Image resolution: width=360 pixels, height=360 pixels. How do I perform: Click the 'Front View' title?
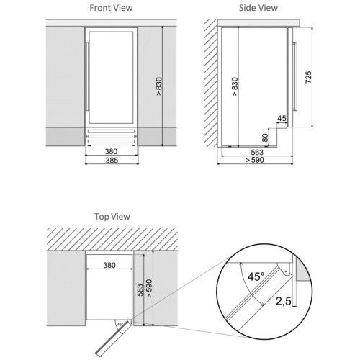coord(111,8)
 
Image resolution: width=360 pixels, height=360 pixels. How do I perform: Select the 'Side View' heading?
coord(258,8)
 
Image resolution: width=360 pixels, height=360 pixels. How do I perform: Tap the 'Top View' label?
coord(112,217)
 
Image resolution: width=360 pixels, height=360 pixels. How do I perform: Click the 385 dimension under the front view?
coord(112,160)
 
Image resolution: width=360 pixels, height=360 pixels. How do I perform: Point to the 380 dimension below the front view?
coord(111,151)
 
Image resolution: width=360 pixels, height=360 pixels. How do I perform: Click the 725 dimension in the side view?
coord(308,77)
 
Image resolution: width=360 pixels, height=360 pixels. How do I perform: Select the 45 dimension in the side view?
coord(282,118)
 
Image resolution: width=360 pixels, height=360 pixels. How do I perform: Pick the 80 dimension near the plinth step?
coord(265,138)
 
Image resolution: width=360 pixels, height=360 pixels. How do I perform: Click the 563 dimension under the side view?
coord(257,152)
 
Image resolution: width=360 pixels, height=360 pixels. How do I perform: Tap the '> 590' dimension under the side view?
coord(255,160)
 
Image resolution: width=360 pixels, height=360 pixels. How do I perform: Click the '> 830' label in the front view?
coord(159,86)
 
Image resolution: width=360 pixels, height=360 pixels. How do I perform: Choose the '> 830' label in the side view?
coord(235,86)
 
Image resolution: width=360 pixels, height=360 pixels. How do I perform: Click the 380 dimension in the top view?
coord(109,265)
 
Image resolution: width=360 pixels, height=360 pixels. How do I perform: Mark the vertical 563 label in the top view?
coord(140,290)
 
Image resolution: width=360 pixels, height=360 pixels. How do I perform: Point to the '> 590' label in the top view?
coord(149,289)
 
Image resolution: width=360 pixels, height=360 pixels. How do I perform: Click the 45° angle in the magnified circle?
coord(256,276)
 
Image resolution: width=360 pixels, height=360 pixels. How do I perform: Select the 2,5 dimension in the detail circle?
coord(284,301)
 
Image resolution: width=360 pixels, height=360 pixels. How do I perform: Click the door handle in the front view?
coord(87,76)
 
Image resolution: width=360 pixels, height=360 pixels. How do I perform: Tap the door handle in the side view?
coord(295,76)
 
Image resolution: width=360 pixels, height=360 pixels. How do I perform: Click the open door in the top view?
coord(113,338)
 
